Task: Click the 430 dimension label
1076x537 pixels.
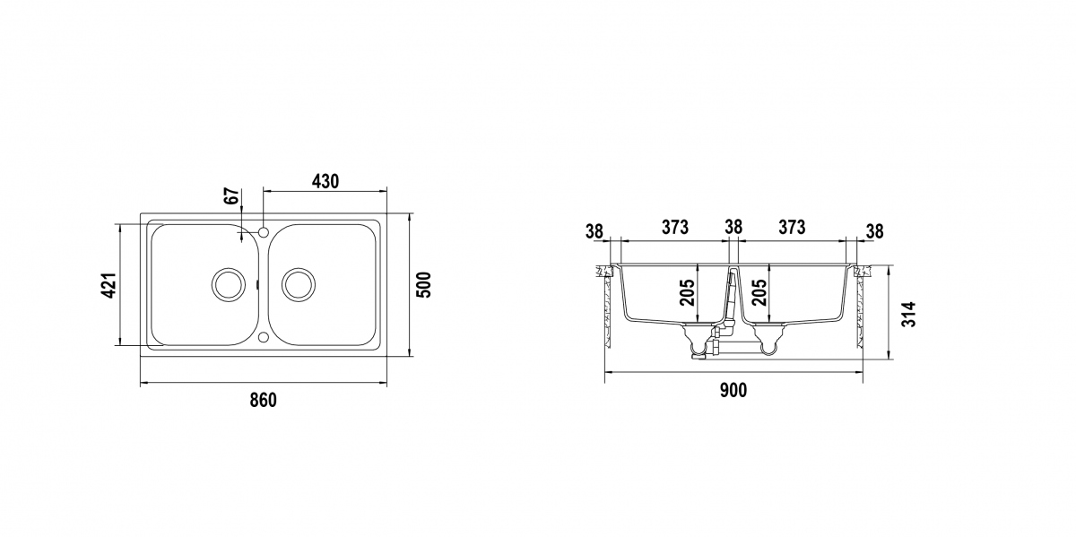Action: [x=325, y=181]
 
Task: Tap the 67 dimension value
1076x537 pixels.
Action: [x=232, y=196]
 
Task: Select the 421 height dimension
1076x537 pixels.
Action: [x=110, y=286]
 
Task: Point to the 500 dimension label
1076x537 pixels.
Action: [x=424, y=285]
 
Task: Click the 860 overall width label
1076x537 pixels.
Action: [x=264, y=400]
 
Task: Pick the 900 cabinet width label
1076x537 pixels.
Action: [x=733, y=391]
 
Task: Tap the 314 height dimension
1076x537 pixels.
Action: [x=909, y=315]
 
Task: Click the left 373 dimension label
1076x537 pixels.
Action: [x=675, y=227]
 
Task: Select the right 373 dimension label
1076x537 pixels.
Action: [x=792, y=227]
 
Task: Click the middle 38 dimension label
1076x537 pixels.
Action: [x=733, y=227]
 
